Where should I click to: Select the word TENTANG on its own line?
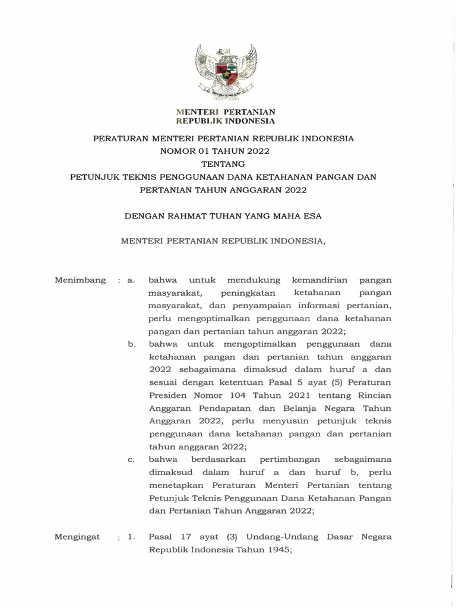coord(223,164)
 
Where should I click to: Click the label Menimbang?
coord(80,280)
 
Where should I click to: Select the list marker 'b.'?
coord(132,344)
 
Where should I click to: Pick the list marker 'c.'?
coord(132,459)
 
